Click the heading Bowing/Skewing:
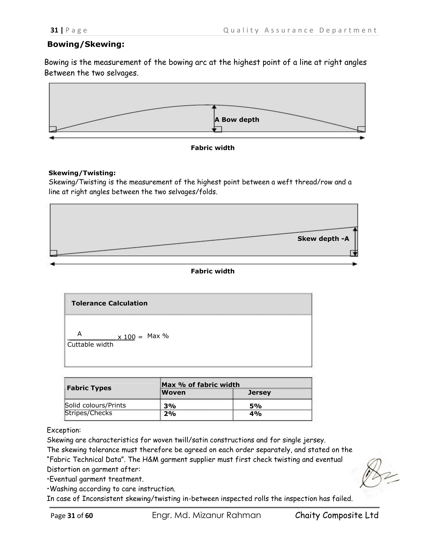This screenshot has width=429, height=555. tap(86, 44)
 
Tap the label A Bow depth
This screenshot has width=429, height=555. tap(237, 120)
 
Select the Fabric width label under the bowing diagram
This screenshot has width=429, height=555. tap(212, 148)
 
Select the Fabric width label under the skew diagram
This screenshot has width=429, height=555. tap(212, 271)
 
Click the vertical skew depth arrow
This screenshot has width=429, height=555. tap(355, 241)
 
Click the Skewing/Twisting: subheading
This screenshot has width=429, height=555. tap(82, 173)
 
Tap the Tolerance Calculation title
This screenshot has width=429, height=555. tap(109, 303)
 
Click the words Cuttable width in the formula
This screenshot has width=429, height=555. tap(90, 345)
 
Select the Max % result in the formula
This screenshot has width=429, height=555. tap(158, 336)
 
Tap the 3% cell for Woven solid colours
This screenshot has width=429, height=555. tap(170, 406)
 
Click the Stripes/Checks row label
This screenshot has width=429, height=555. tap(88, 413)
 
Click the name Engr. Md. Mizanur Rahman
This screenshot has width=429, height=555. tap(206, 515)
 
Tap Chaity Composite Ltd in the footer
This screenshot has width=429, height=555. tap(336, 515)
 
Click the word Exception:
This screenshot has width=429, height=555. tap(64, 430)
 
